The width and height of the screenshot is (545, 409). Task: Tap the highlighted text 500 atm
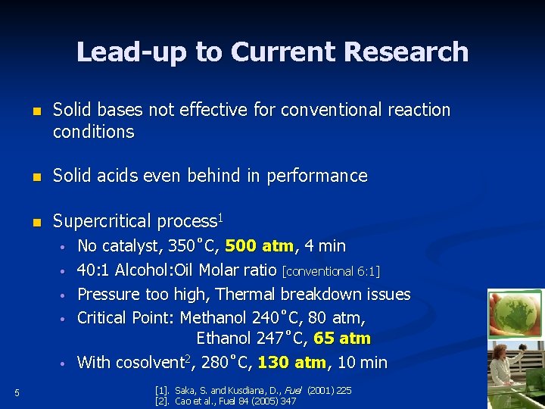pyautogui.click(x=260, y=246)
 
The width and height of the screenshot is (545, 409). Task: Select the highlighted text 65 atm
pyautogui.click(x=341, y=339)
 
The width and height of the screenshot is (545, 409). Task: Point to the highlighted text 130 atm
pyautogui.click(x=292, y=363)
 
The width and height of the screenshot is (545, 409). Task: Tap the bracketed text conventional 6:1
pyautogui.click(x=331, y=271)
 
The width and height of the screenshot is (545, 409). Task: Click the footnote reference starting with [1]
pyautogui.click(x=253, y=390)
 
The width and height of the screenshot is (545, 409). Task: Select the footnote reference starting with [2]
pyautogui.click(x=225, y=401)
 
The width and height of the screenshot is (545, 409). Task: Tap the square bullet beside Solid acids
pyautogui.click(x=35, y=176)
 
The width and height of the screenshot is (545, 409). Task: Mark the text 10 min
pyautogui.click(x=362, y=363)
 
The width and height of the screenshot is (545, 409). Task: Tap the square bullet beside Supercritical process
pyautogui.click(x=35, y=222)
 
